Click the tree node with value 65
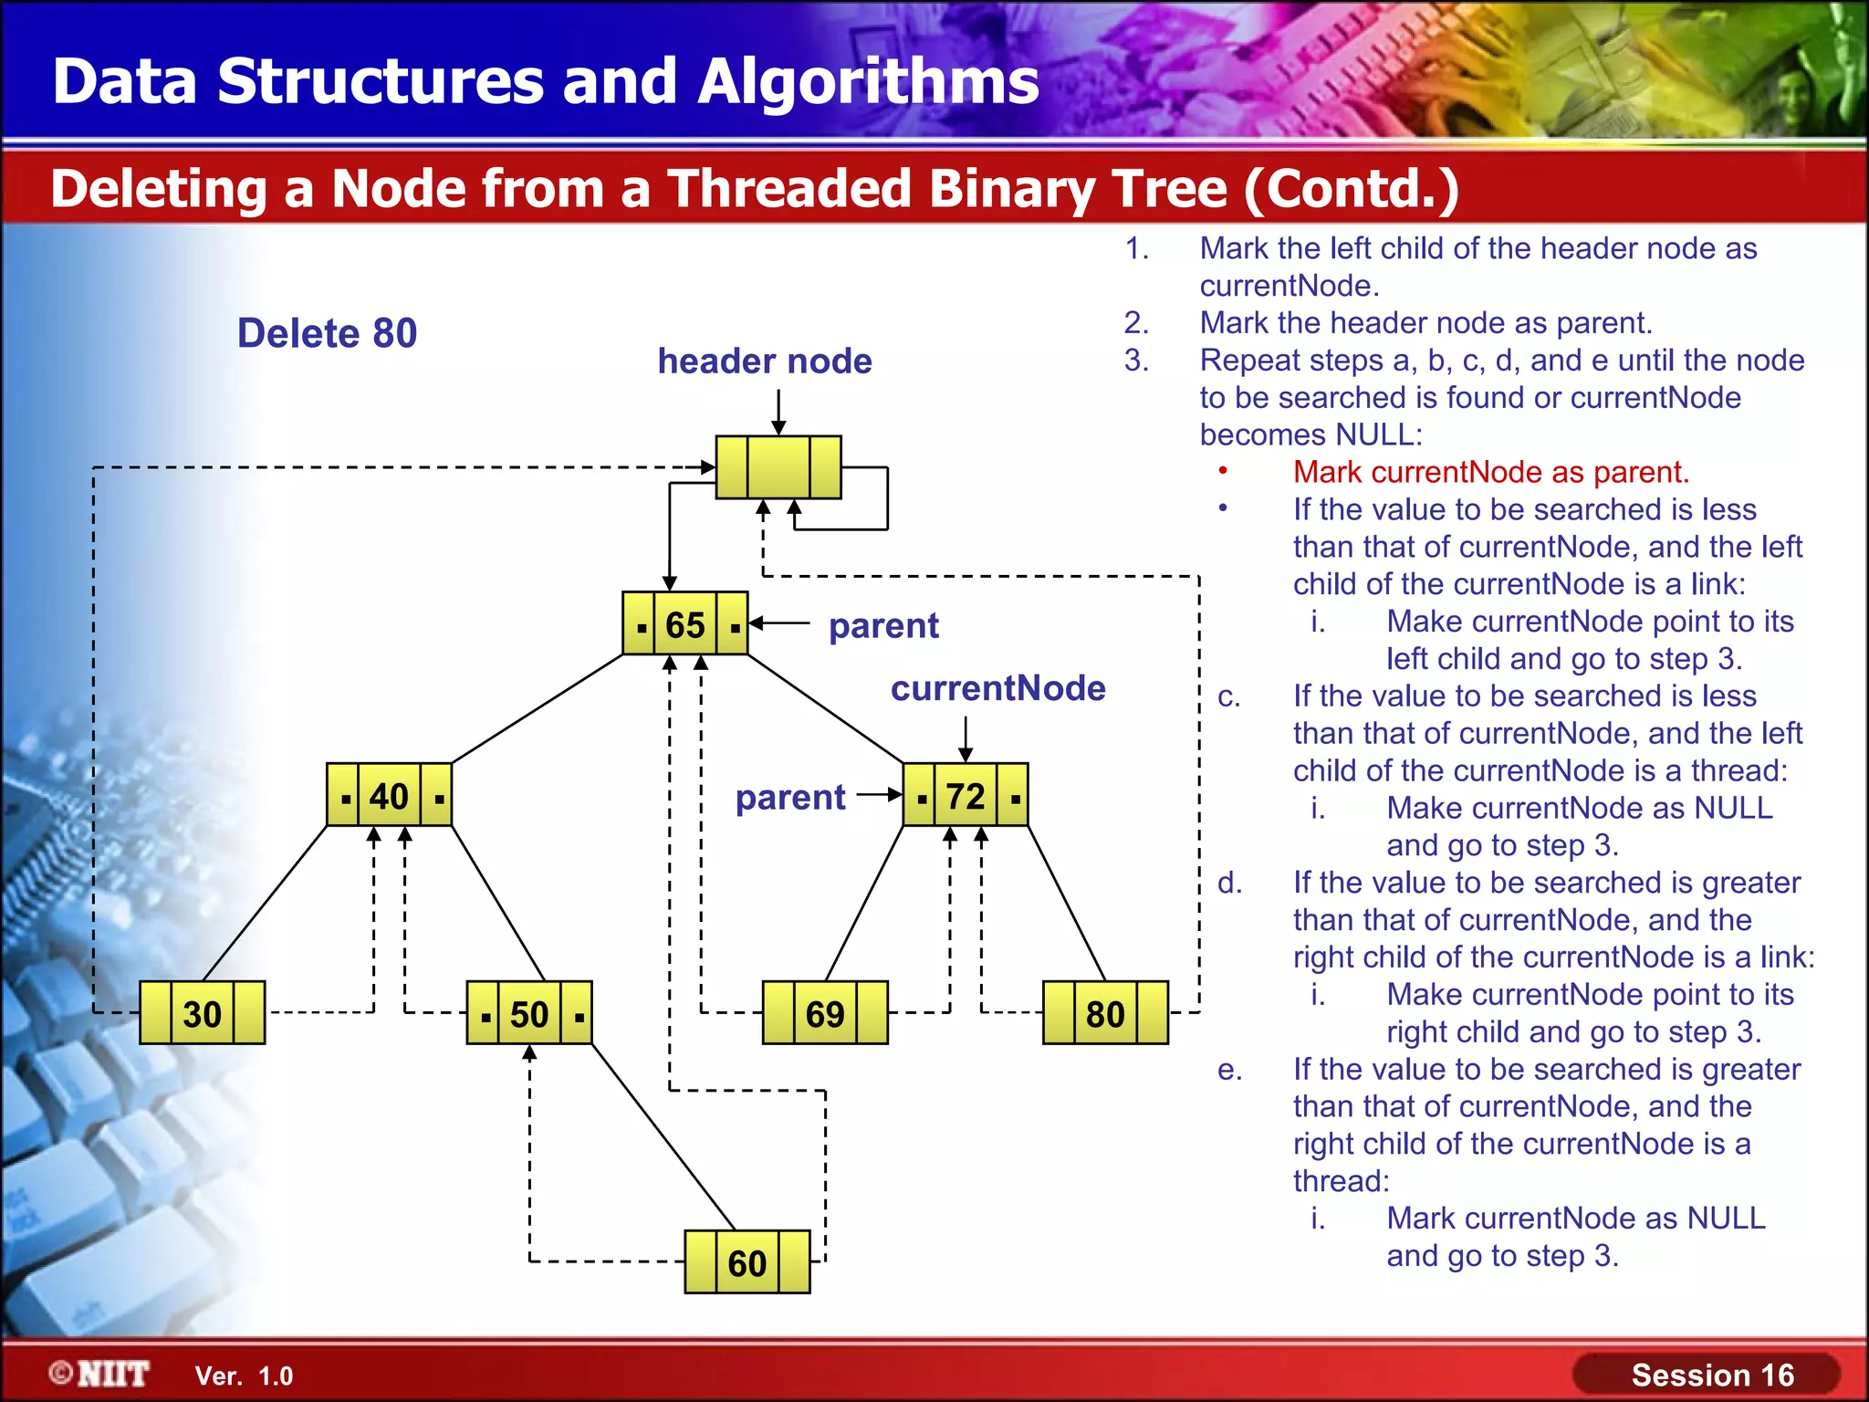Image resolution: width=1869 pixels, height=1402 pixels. (684, 624)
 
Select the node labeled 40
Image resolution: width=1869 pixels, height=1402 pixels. (389, 796)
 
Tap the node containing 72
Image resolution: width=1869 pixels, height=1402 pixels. (966, 796)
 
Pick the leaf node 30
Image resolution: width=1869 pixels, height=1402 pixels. (202, 1013)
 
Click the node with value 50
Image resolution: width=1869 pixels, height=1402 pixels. (529, 1013)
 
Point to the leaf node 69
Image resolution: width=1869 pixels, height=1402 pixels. (825, 1013)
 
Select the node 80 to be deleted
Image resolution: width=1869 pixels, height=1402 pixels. (1105, 1013)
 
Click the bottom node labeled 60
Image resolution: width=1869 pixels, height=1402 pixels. (747, 1262)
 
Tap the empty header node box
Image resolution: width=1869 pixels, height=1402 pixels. (778, 467)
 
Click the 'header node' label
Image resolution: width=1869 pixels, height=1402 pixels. (765, 361)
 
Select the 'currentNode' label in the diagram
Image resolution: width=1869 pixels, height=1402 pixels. (997, 688)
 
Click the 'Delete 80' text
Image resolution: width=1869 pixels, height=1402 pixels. (327, 333)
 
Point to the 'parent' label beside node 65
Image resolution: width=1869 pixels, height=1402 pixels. (883, 626)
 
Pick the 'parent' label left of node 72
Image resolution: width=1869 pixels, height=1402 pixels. (790, 798)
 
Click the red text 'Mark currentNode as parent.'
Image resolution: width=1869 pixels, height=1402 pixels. (1491, 472)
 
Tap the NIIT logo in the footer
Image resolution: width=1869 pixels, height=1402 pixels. (100, 1374)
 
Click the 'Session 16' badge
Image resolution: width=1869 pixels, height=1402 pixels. (1711, 1375)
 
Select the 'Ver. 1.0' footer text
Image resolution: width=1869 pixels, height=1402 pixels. (244, 1376)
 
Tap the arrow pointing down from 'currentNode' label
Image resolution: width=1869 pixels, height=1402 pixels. (966, 738)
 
